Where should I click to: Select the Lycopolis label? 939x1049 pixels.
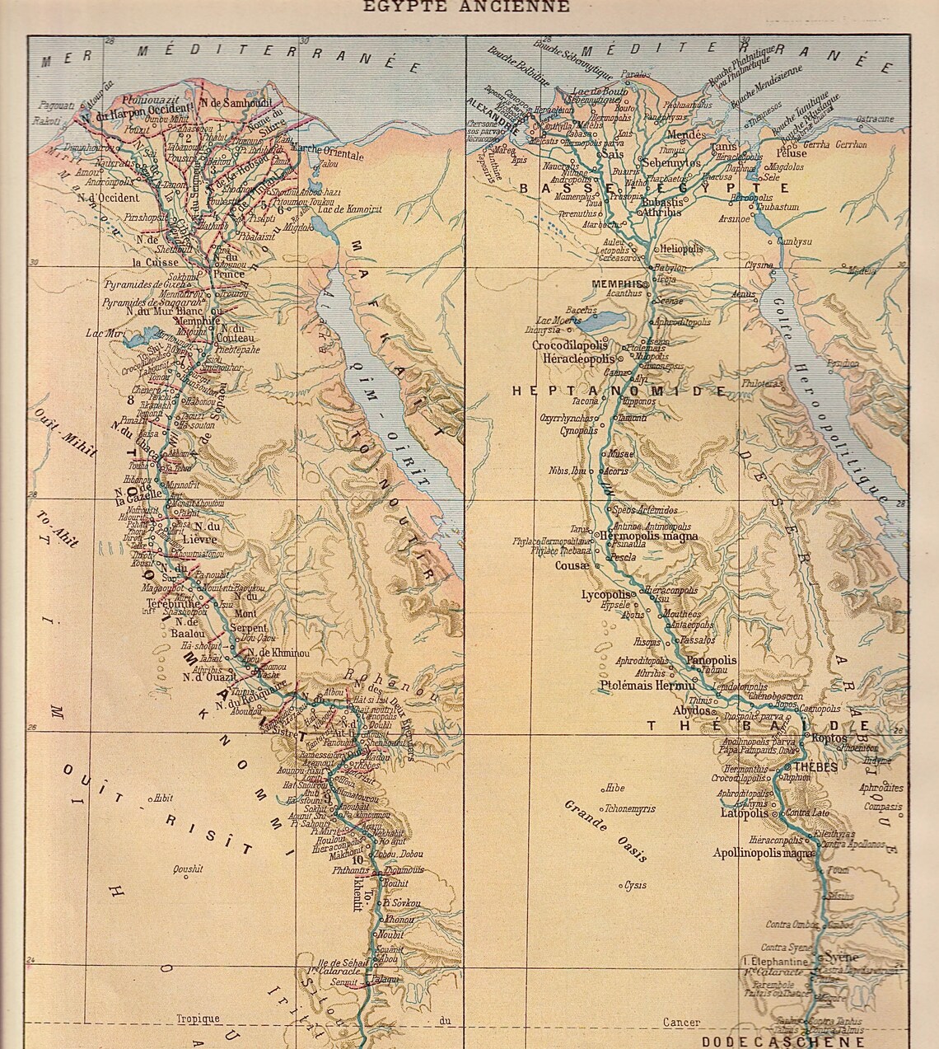(x=605, y=594)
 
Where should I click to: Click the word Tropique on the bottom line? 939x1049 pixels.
(x=198, y=1019)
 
